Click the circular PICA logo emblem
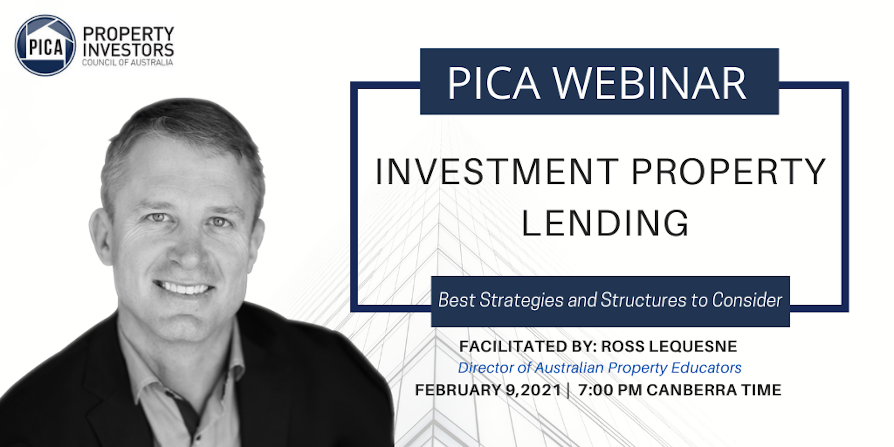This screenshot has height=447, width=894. coord(45,45)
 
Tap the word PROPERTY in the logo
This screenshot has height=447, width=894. coord(128,34)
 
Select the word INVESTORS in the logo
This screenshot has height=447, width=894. coord(128,50)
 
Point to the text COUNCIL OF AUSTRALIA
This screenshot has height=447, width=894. coord(127,62)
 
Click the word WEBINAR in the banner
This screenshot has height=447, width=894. coord(649,83)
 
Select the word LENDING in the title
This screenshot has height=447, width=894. coord(605,223)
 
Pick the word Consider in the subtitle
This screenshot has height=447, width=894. coord(747,299)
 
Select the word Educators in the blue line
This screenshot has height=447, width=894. coord(706,368)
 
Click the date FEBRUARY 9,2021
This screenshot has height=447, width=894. coord(488,390)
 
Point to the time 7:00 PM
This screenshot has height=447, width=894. coord(610,390)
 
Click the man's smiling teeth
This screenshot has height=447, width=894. coord(183,288)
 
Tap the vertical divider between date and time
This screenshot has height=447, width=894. coord(568,390)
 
